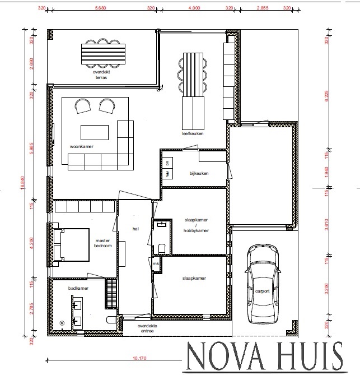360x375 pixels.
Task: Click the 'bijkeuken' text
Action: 199,174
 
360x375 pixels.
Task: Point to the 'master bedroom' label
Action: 102,243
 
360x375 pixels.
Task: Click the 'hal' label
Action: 135,229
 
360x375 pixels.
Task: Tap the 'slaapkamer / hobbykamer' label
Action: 196,225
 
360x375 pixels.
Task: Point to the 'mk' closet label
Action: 155,263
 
